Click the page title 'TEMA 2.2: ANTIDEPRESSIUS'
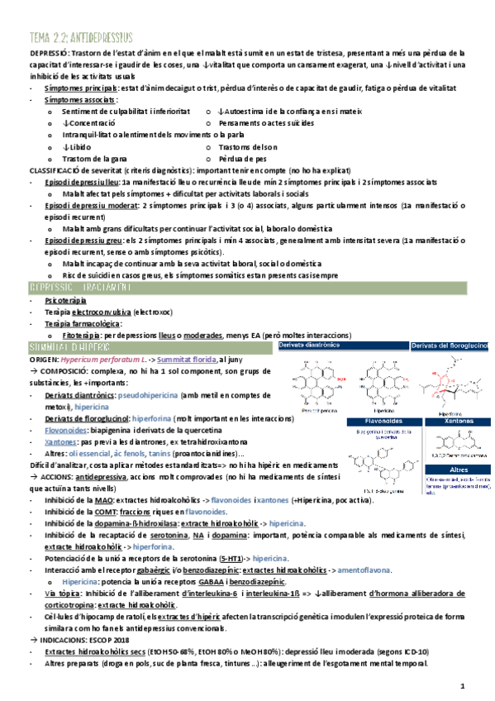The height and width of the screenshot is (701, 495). (x=81, y=37)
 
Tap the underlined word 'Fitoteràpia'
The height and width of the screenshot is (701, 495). (x=84, y=336)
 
